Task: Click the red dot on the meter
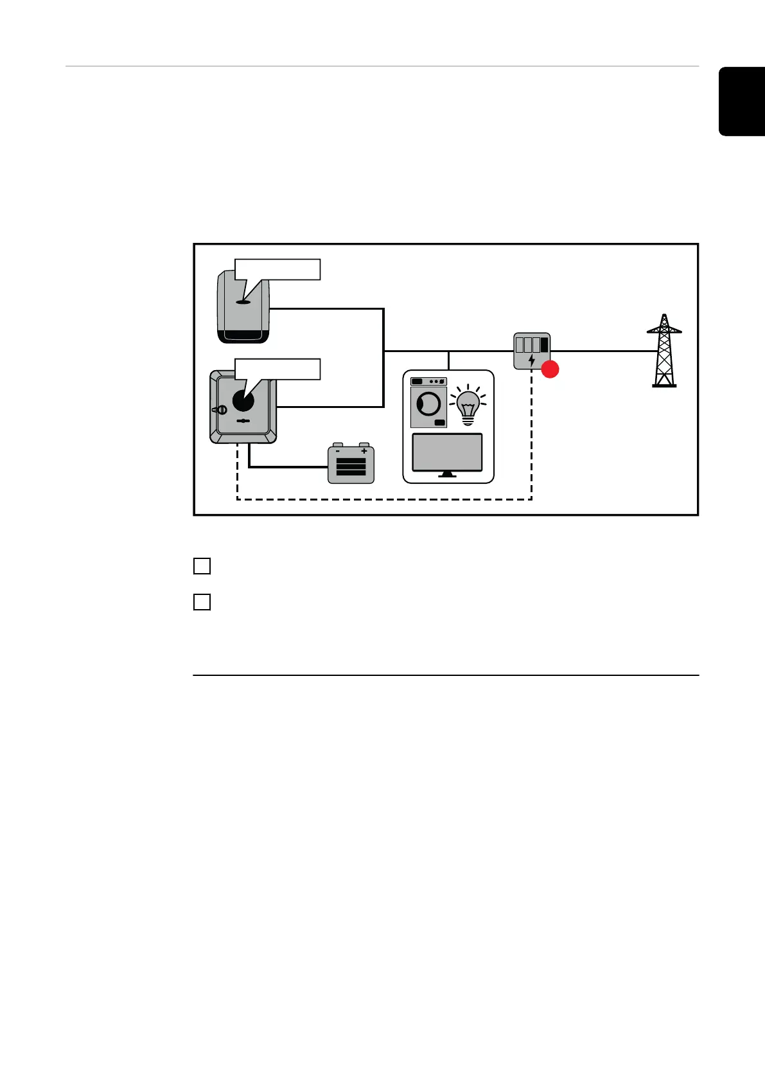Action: [x=550, y=369]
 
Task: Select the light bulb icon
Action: [x=468, y=406]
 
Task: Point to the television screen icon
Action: [x=447, y=453]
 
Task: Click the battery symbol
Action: [x=351, y=464]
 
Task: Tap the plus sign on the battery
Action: [x=364, y=451]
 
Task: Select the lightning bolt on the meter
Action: [x=531, y=360]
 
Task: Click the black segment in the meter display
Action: [x=545, y=344]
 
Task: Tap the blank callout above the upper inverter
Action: [x=277, y=269]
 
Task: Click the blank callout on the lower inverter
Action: [x=277, y=369]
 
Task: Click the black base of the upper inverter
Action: [x=243, y=336]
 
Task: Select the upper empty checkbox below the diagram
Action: [x=202, y=566]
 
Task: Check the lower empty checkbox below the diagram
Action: [x=202, y=602]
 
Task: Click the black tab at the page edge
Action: [x=742, y=101]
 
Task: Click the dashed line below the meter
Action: [x=532, y=437]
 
